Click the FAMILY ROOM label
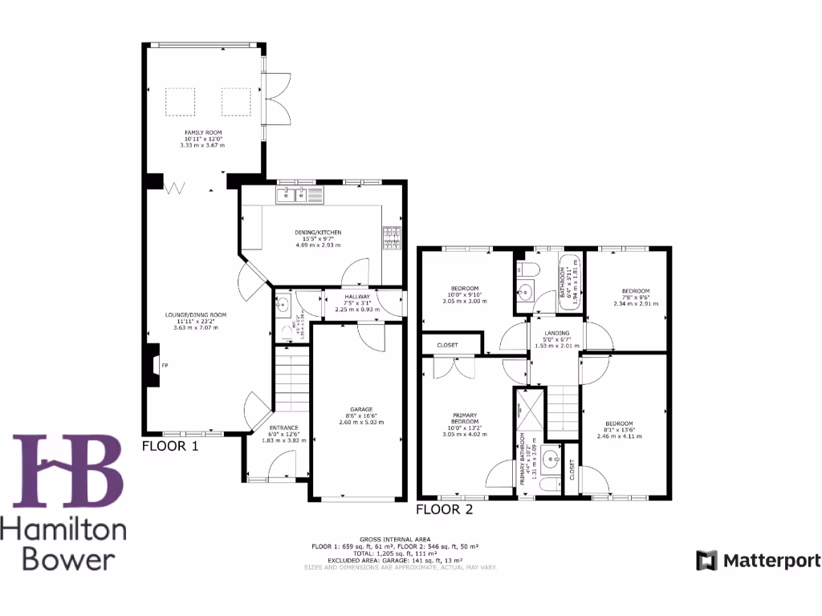pos(204,132)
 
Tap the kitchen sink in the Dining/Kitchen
pos(293,194)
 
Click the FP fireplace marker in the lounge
pos(165,366)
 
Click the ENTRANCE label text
pos(283,428)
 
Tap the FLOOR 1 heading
pos(169,447)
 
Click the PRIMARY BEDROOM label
pos(465,418)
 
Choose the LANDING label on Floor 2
pos(556,333)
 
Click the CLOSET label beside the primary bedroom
pos(447,345)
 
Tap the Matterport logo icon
pos(706,560)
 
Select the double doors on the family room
pos(274,97)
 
